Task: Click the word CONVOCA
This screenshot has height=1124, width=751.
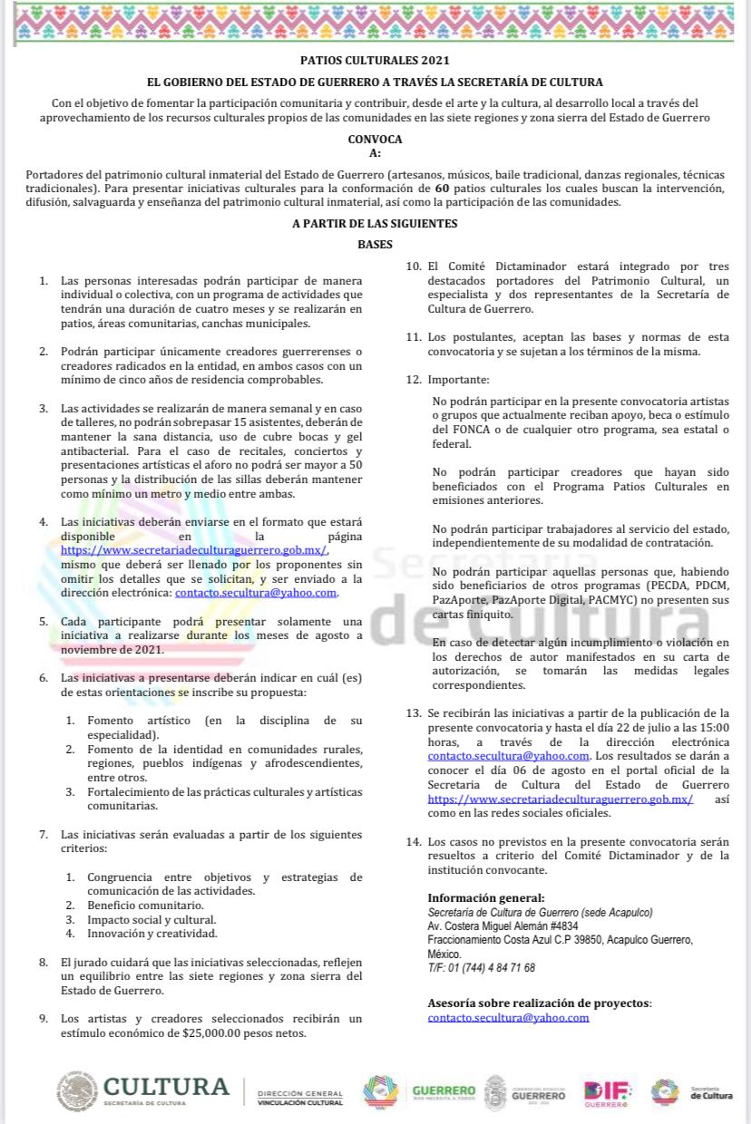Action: click(x=375, y=140)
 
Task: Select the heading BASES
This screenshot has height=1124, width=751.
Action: click(x=375, y=245)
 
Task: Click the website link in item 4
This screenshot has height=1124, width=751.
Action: click(x=194, y=549)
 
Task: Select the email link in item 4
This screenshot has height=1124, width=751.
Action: click(x=256, y=592)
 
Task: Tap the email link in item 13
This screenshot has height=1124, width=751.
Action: click(x=509, y=755)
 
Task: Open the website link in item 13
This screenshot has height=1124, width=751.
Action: click(x=561, y=799)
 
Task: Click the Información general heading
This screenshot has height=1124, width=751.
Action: click(x=486, y=897)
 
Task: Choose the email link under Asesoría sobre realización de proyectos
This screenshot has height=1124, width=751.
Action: click(x=508, y=1017)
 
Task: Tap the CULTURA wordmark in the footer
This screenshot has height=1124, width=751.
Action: click(x=166, y=1086)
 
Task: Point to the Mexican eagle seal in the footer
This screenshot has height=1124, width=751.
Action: click(x=77, y=1091)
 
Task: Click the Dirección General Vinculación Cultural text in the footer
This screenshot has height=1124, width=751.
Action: click(x=300, y=1098)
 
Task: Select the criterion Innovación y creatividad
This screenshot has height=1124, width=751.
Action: click(x=152, y=933)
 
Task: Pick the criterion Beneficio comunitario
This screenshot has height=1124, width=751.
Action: click(x=145, y=905)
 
